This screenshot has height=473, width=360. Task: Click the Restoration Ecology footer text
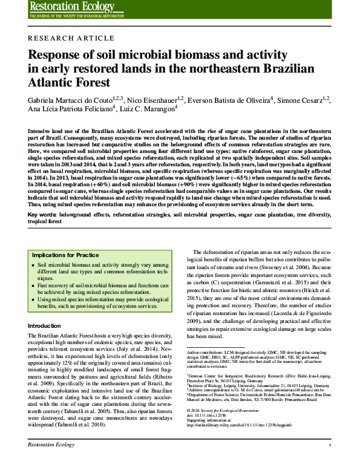coord(51,462)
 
